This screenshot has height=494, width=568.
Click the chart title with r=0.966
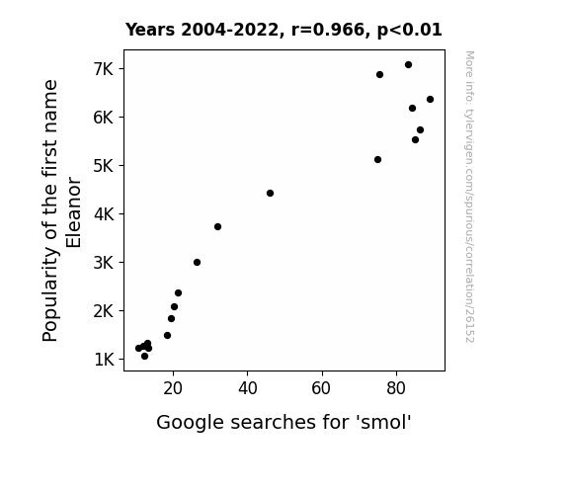(284, 30)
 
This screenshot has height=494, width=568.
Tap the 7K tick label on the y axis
(104, 69)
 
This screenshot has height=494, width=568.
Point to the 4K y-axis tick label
(104, 214)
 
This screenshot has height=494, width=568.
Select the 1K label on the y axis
(104, 360)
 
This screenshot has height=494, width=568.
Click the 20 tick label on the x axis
(173, 388)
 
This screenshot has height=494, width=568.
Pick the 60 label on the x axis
(321, 388)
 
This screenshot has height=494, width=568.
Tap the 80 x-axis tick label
(396, 388)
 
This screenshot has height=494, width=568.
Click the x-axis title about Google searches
(284, 423)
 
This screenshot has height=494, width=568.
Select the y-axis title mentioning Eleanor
(61, 210)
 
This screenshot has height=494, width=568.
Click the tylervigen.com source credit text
(469, 197)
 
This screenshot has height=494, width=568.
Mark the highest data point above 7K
(408, 65)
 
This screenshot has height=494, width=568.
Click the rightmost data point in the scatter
(430, 100)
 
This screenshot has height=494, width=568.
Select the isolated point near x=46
(270, 194)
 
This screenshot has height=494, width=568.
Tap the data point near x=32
(217, 227)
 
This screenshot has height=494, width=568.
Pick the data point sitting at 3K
(197, 263)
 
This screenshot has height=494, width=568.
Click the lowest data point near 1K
(144, 357)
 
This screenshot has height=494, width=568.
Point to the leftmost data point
(138, 349)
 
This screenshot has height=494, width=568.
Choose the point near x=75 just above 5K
(377, 159)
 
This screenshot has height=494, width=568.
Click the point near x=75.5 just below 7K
(379, 75)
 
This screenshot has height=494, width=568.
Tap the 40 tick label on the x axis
(248, 388)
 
